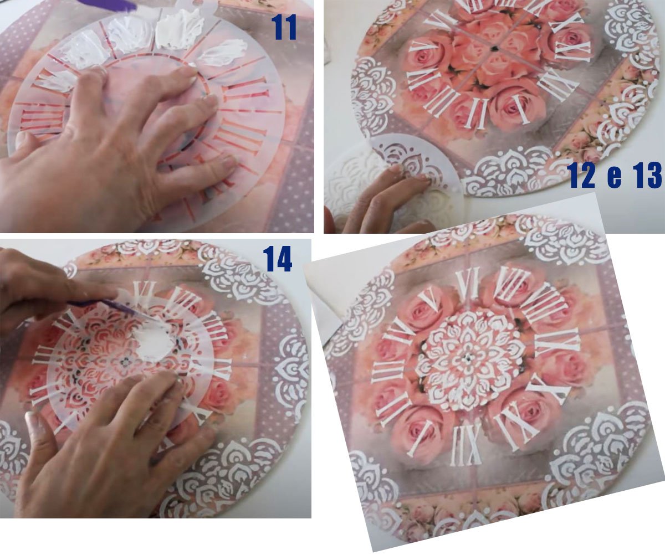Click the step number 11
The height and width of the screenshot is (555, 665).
284,27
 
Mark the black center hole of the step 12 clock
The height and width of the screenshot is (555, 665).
494,48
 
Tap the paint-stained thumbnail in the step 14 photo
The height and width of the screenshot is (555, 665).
34,424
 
